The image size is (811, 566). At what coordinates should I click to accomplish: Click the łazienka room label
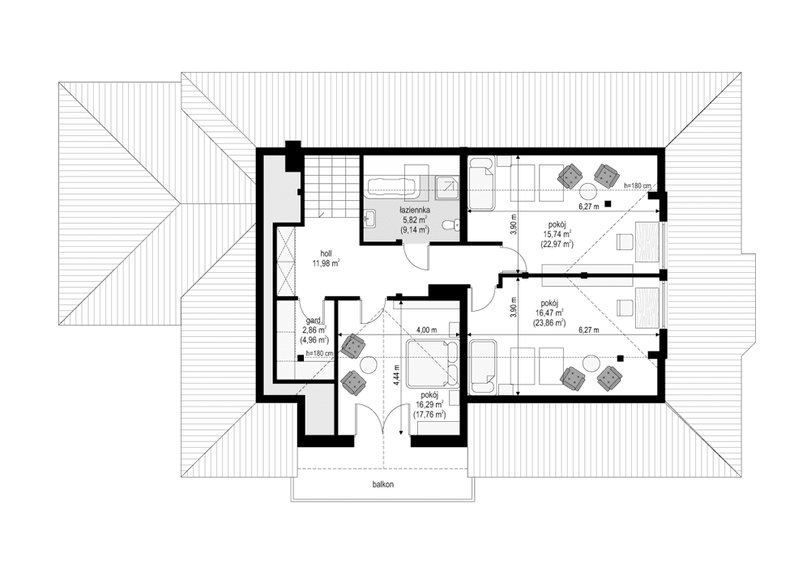pos(414,210)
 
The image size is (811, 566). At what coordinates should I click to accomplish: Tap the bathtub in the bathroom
pos(392,187)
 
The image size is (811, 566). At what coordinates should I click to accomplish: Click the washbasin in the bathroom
pos(370,217)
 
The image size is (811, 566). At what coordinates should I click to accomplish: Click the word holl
pos(326,253)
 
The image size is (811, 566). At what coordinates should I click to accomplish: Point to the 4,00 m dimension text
pos(425,330)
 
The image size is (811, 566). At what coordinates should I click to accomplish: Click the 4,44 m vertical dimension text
pos(397,377)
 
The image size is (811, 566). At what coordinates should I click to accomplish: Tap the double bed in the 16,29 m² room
pos(431,364)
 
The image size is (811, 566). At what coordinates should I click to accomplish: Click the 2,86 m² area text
pos(312,330)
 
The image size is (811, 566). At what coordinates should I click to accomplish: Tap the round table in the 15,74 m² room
pos(586,189)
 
